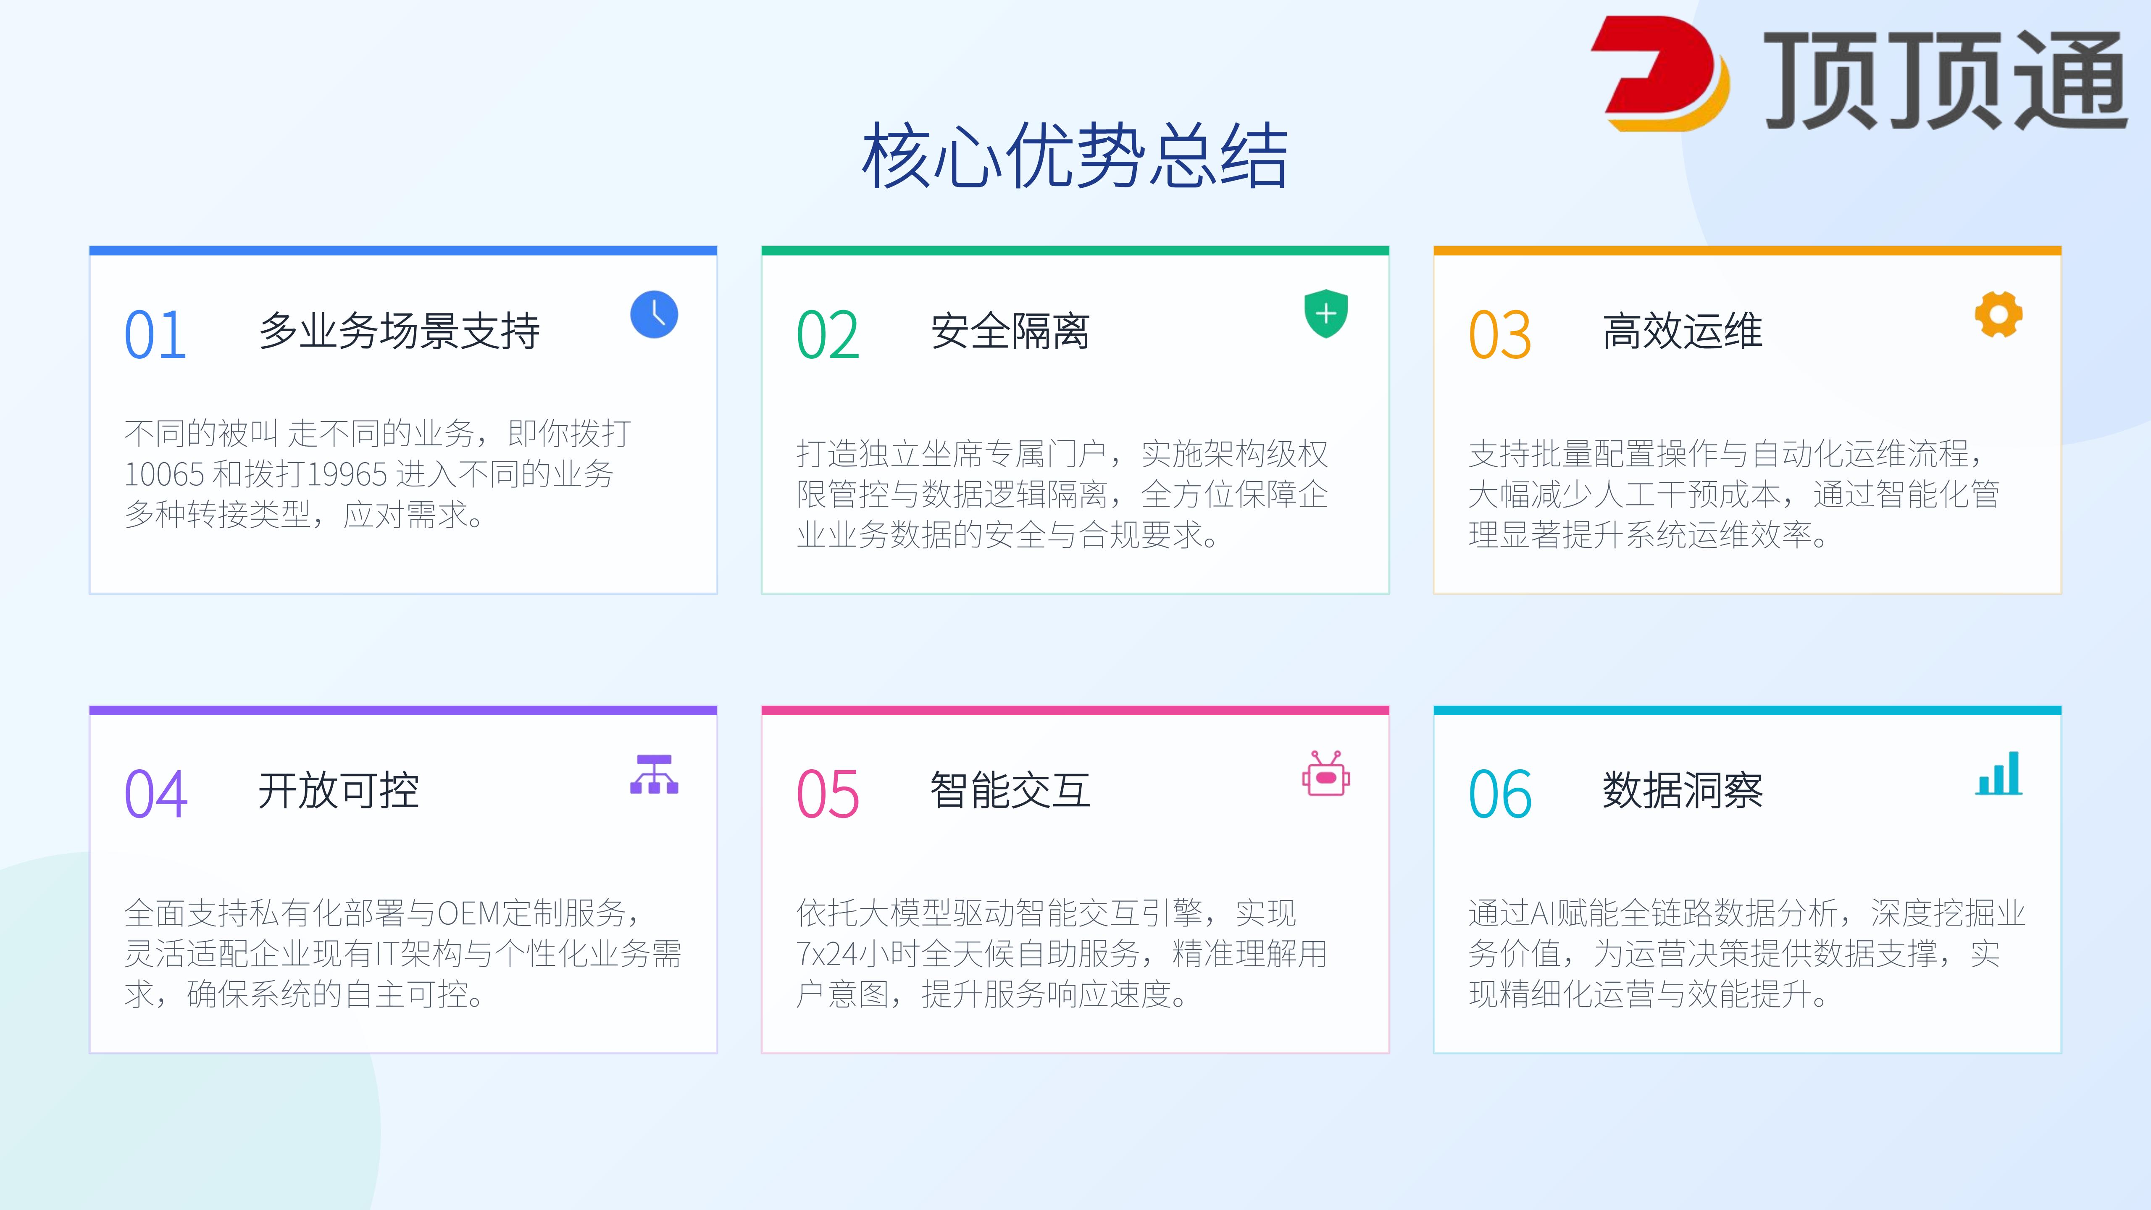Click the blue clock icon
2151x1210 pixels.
pyautogui.click(x=654, y=315)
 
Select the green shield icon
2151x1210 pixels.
pyautogui.click(x=1326, y=314)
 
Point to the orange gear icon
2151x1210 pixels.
pyautogui.click(x=1998, y=315)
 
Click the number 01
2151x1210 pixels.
pyautogui.click(x=155, y=335)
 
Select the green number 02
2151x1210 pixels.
pyautogui.click(x=828, y=335)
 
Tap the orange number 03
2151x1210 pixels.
pyautogui.click(x=1500, y=335)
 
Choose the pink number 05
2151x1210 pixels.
pyautogui.click(x=828, y=794)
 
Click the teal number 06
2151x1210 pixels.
pyautogui.click(x=1500, y=794)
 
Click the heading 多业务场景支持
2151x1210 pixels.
pyautogui.click(x=399, y=331)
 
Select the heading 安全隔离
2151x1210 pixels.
pyautogui.click(x=1010, y=331)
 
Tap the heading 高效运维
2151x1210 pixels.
pyautogui.click(x=1683, y=331)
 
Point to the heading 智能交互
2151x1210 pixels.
pyautogui.click(x=1010, y=790)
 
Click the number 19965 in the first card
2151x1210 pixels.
pyautogui.click(x=347, y=474)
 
